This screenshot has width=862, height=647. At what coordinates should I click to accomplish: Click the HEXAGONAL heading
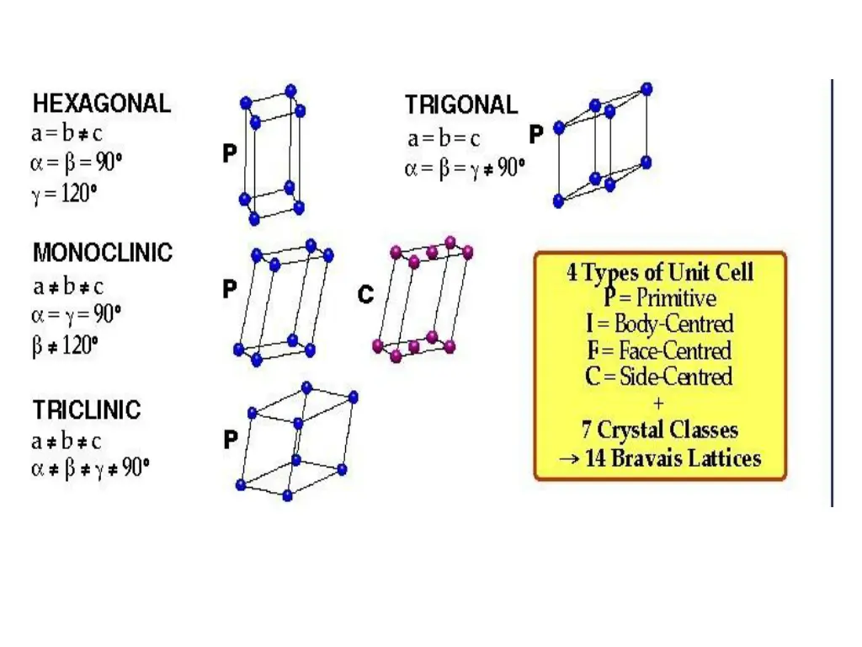101,104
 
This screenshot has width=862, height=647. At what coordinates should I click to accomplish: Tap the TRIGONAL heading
460,105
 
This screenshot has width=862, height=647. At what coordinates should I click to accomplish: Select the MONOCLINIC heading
102,253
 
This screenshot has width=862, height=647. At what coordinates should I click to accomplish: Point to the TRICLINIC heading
87,411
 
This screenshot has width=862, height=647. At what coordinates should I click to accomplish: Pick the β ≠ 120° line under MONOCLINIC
65,345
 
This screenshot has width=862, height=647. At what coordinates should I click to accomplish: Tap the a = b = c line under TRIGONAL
444,138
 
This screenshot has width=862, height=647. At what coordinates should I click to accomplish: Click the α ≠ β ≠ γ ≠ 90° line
91,468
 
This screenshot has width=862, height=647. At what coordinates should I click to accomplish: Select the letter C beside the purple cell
365,295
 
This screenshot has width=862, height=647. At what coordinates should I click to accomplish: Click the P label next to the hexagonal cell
229,154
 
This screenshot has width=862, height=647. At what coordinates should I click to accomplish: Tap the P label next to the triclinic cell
230,440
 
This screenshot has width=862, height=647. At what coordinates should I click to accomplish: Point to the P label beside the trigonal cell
536,135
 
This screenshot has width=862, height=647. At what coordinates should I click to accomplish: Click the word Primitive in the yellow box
676,297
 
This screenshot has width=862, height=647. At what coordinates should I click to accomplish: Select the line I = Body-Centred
660,323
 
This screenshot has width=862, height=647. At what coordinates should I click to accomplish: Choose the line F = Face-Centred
660,350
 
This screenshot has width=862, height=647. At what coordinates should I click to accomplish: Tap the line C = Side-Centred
660,376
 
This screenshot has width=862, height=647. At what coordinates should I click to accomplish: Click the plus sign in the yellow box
658,403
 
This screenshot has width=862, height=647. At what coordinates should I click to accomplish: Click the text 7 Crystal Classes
660,430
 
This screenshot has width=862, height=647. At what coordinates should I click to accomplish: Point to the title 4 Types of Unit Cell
660,272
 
